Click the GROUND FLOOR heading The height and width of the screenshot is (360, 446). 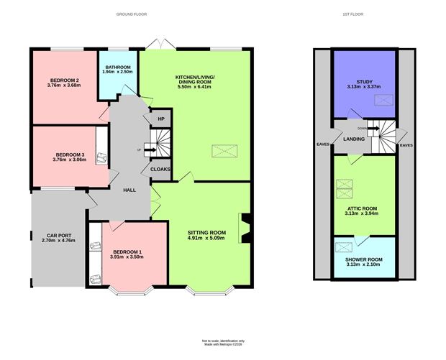pyautogui.click(x=134, y=14)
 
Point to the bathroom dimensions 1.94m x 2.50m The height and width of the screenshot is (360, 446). pyautogui.click(x=117, y=72)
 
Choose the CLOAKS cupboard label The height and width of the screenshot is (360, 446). pyautogui.click(x=160, y=169)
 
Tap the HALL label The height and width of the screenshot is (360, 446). pyautogui.click(x=129, y=190)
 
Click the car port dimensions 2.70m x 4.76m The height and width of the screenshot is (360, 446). pyautogui.click(x=57, y=241)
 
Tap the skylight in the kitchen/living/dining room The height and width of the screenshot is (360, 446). pyautogui.click(x=222, y=152)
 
